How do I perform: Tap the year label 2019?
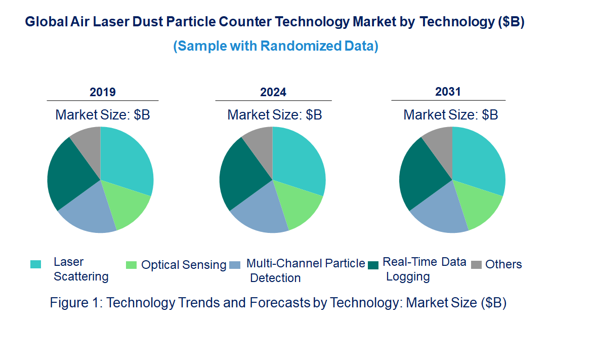coord(103,92)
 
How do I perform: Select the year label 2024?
coord(273,92)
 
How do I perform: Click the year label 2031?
coord(448,92)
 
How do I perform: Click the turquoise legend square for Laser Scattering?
coord(35,264)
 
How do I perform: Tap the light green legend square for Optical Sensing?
coord(131,265)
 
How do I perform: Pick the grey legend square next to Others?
coord(476,265)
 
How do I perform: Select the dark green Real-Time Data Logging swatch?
coord(373,265)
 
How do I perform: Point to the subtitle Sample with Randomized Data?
coord(276,46)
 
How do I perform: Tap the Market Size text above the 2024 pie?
coord(274,115)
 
